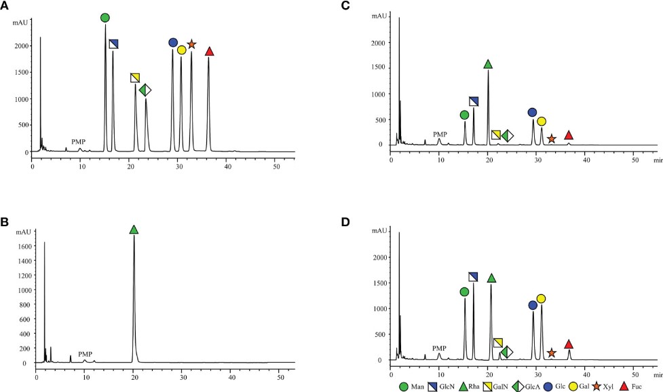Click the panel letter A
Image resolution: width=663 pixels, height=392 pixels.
click(5, 5)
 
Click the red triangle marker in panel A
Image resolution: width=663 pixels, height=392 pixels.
click(209, 52)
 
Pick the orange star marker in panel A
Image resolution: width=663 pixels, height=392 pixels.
click(191, 44)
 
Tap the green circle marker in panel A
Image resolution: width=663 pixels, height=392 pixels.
click(105, 17)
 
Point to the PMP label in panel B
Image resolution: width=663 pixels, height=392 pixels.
click(85, 354)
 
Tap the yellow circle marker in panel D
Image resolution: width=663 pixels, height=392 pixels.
click(541, 298)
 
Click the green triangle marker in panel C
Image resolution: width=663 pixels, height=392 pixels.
click(488, 64)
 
